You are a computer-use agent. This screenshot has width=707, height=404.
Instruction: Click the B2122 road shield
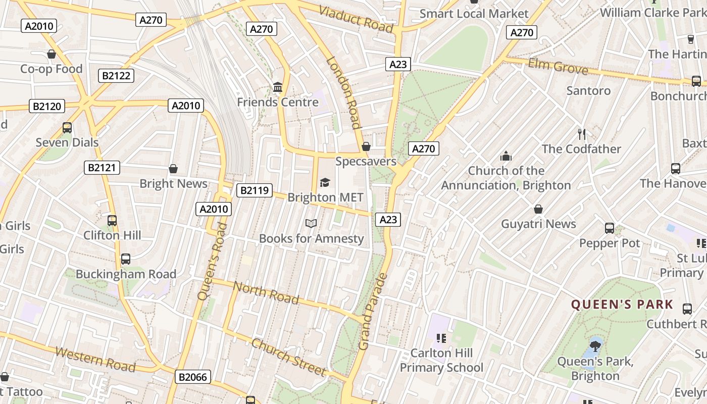pos(116,76)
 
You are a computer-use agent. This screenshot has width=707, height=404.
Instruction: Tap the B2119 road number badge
pos(254,190)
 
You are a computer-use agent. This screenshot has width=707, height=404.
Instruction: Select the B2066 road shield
pos(192,377)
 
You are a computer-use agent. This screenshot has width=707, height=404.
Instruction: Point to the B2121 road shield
pos(102,168)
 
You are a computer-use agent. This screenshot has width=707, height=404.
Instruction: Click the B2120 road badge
pos(47,106)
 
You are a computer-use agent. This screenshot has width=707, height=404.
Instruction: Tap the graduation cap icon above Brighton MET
pos(325,182)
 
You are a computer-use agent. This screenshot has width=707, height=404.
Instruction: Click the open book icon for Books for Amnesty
pos(311,223)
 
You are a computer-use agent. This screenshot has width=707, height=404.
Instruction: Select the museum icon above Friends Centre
pos(277,87)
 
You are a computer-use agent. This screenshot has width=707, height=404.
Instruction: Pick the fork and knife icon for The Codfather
pos(582,134)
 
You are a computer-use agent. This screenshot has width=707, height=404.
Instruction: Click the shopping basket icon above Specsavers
pos(366,146)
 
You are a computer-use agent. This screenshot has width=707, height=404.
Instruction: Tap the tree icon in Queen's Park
pos(595,346)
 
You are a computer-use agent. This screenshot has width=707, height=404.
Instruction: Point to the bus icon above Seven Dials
pos(67,128)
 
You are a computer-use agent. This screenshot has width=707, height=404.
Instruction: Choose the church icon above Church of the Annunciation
pos(506,156)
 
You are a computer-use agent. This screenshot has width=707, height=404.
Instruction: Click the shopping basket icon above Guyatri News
pos(538,209)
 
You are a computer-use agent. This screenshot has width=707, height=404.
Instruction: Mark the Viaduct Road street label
pos(357,19)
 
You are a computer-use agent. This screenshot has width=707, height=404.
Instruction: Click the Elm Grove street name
pos(558,66)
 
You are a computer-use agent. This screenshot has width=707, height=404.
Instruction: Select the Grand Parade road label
pos(372,312)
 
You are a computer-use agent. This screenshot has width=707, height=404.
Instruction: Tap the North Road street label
pos(266,293)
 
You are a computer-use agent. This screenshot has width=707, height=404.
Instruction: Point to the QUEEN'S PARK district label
pos(622,305)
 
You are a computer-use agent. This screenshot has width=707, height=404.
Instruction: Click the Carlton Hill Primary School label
pos(442,360)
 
